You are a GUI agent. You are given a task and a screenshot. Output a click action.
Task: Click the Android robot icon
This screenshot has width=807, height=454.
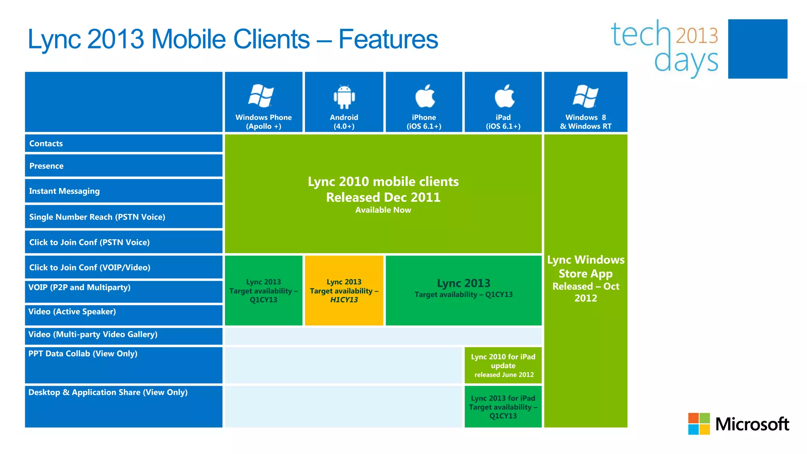(344, 97)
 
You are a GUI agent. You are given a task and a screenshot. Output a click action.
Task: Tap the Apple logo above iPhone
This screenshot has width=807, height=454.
(425, 96)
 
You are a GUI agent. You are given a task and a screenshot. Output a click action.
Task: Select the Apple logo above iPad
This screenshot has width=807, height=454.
(504, 96)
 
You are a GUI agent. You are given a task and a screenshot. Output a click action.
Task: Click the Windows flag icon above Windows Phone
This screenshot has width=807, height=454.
(261, 95)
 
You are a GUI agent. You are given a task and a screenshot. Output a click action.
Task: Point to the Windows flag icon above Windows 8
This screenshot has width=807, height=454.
(586, 96)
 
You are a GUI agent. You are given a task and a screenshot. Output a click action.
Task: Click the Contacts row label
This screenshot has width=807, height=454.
(46, 143)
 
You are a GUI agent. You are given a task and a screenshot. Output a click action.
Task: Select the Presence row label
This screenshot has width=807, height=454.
(46, 166)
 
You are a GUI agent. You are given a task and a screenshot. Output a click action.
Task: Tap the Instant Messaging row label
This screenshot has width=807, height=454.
(64, 191)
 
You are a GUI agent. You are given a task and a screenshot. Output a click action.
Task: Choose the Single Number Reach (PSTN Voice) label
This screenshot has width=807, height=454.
(97, 217)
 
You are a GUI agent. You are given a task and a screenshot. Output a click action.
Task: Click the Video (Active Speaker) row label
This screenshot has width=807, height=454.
(72, 312)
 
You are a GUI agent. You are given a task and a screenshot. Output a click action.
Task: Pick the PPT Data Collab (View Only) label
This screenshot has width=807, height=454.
(83, 354)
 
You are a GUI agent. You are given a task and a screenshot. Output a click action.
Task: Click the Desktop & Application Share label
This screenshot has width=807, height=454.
(108, 393)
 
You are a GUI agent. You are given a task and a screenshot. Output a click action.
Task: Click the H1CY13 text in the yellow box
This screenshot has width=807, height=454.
(344, 300)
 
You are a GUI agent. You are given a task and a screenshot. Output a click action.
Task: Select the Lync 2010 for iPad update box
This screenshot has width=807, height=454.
(503, 365)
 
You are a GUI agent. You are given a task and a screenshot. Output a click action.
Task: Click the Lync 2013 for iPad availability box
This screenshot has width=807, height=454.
(503, 407)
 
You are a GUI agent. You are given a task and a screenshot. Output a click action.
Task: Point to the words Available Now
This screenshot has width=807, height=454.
(383, 210)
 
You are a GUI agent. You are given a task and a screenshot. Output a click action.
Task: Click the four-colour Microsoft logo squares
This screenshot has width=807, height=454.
(699, 424)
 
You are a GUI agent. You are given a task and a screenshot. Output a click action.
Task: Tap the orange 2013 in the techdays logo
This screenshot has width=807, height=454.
(697, 35)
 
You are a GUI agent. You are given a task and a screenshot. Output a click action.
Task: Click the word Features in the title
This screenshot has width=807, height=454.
(388, 39)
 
